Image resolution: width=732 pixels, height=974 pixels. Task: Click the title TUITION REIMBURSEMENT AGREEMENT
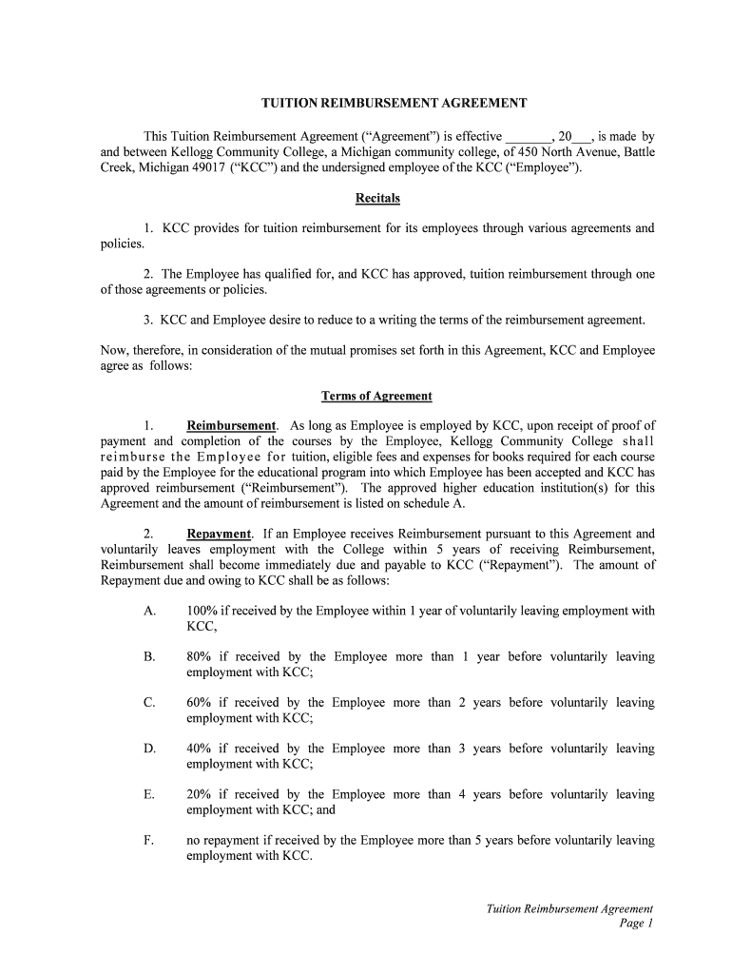395,103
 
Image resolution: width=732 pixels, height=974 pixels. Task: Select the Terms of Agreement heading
377,396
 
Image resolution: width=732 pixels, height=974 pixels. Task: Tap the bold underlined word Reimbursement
232,426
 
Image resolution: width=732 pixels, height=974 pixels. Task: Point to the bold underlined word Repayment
219,535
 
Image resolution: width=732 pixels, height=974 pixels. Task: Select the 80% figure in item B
199,657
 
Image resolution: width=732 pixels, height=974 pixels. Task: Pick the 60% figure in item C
199,703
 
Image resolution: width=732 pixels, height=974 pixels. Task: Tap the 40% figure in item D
199,749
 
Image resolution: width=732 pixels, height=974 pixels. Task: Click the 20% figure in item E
199,794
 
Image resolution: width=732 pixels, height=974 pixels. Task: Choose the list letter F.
150,840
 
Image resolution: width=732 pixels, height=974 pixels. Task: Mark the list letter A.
150,612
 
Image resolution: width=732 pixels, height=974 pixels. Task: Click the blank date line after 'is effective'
528,138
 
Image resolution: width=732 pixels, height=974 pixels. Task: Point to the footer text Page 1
637,924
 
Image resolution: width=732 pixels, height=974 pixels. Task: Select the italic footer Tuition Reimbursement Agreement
569,909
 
